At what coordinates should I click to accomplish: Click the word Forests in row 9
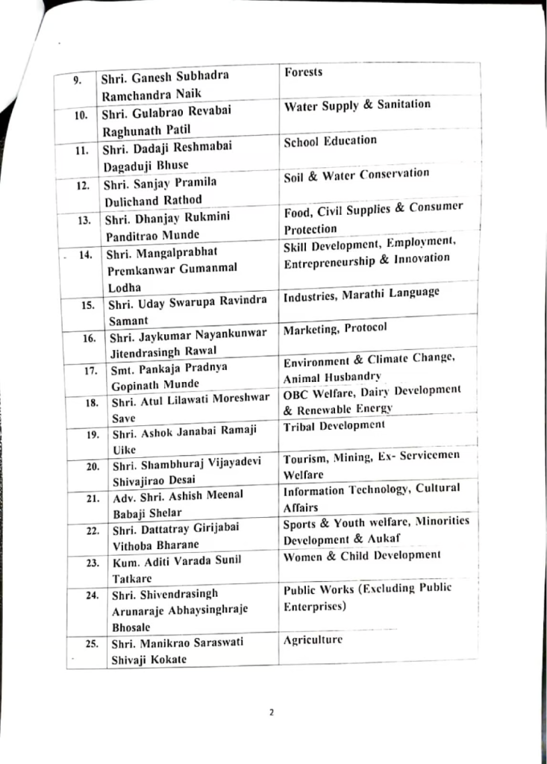303,72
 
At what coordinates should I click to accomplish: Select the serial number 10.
81,114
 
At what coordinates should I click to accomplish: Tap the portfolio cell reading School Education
330,140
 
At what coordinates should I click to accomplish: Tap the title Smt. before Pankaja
123,368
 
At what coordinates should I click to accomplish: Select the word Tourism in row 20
306,457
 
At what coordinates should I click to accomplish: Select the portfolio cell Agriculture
313,639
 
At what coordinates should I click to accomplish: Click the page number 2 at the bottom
272,712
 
